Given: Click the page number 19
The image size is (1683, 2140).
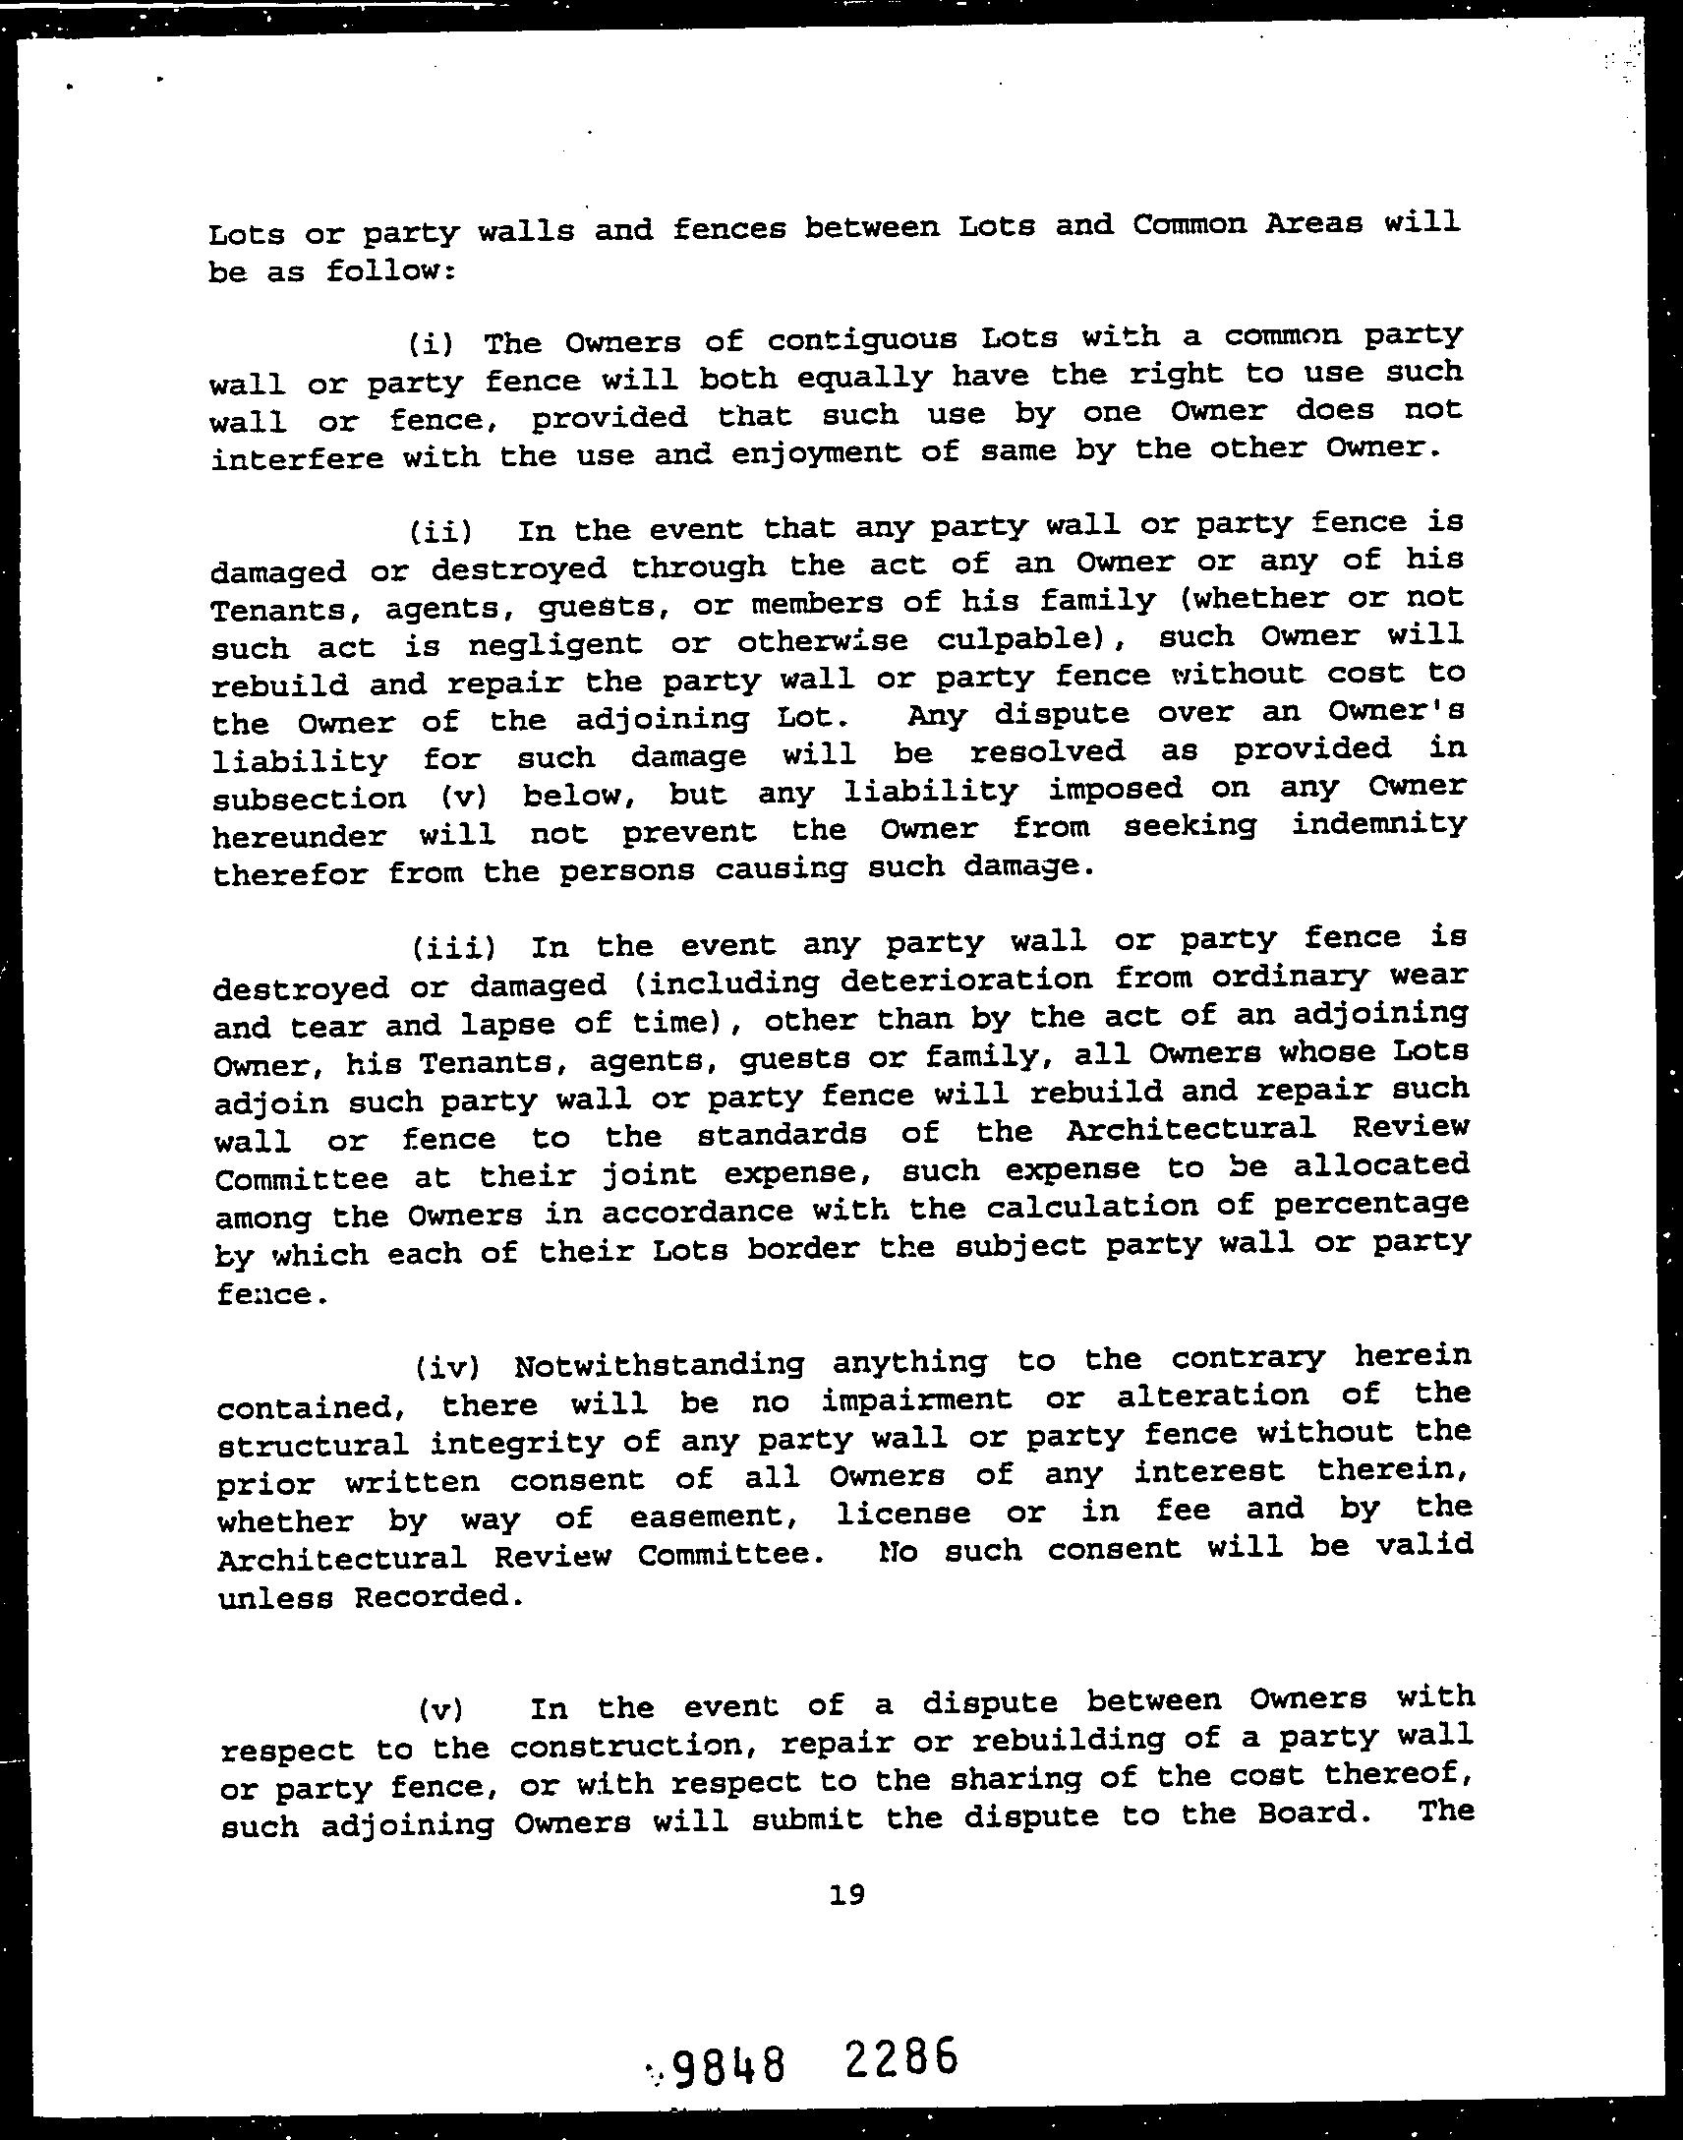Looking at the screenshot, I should point(846,1893).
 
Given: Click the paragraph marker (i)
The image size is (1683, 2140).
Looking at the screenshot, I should point(431,344).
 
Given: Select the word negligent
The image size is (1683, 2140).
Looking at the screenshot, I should point(549,645).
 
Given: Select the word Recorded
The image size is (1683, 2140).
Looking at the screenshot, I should point(434,1596).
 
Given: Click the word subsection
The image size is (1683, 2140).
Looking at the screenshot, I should point(309,798).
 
